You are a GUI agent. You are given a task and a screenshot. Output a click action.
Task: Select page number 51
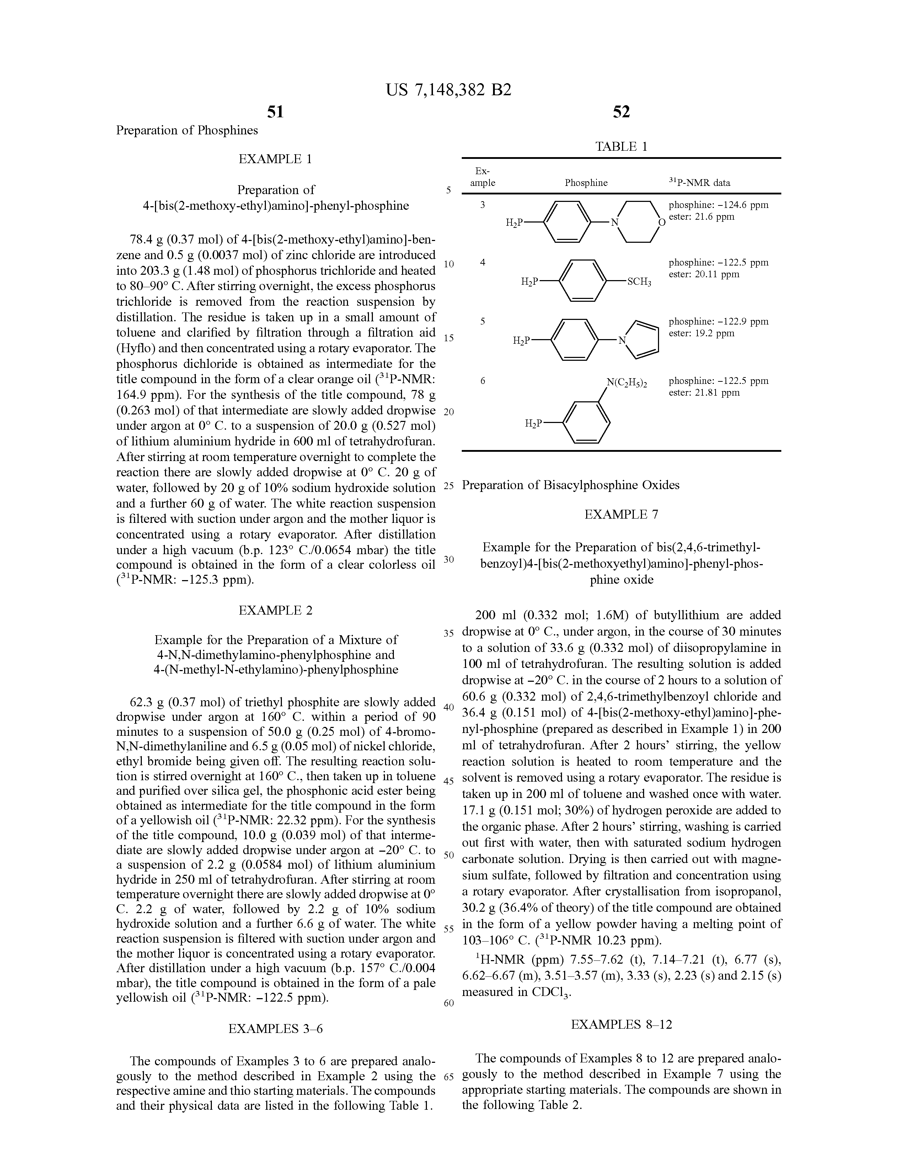coord(275,112)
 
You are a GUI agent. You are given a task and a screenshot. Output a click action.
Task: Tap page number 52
coord(621,112)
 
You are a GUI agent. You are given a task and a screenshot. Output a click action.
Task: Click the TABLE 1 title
coord(621,146)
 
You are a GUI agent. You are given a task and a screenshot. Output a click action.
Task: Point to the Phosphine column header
coord(586,183)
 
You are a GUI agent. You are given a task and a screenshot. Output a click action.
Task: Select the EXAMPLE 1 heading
coord(275,159)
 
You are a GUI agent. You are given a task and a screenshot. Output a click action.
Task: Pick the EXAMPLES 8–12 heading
coord(621,1024)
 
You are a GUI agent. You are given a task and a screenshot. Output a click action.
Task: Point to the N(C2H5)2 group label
coord(627,382)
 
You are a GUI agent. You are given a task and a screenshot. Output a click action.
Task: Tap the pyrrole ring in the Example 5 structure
coord(642,340)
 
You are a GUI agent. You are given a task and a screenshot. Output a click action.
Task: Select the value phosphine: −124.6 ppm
coord(718,205)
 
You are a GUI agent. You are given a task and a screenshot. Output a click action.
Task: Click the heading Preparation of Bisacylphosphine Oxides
coord(571,485)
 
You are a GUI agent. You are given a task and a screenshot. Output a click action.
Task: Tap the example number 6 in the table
coord(482,381)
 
